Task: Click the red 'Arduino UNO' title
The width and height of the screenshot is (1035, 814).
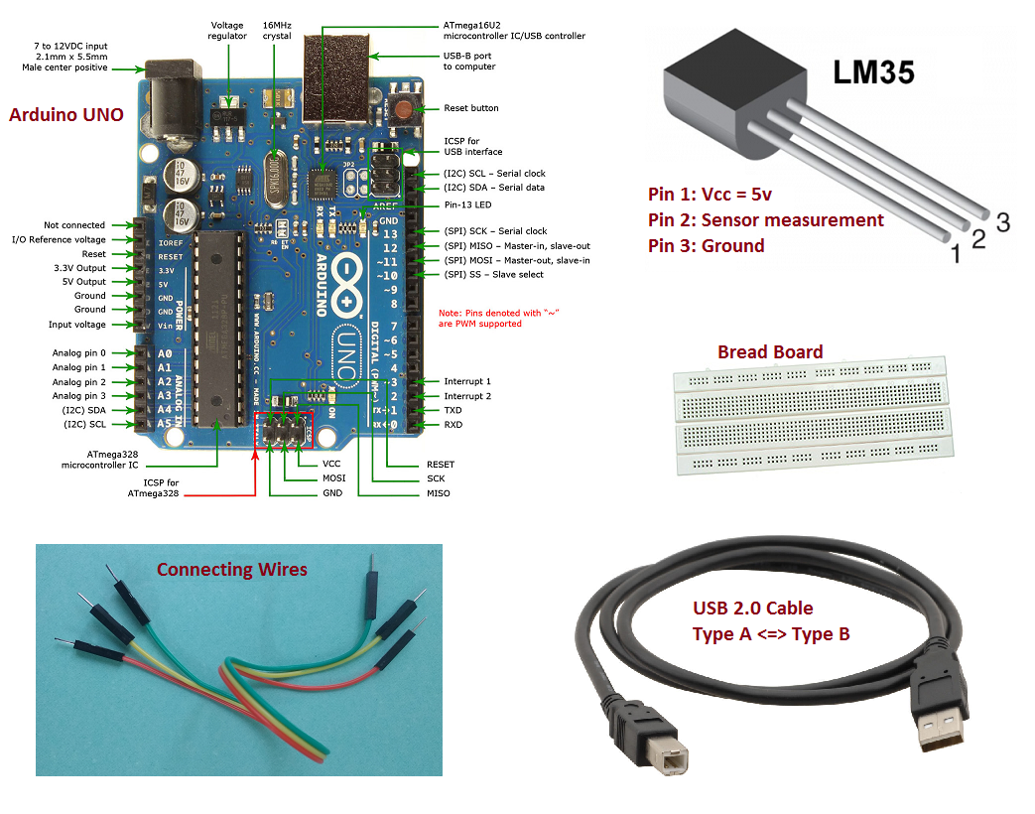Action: [66, 114]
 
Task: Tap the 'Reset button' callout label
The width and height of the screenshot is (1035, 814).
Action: [470, 108]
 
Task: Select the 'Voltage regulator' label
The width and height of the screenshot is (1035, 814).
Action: [228, 30]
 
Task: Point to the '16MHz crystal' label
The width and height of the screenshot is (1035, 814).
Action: [277, 30]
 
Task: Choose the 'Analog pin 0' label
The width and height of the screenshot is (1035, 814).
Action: [79, 353]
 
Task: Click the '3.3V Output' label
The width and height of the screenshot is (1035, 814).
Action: [79, 268]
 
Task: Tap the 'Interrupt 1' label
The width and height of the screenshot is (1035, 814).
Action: [466, 381]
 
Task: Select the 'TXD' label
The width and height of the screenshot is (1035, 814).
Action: [453, 410]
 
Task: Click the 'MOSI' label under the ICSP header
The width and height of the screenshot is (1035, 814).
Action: [334, 478]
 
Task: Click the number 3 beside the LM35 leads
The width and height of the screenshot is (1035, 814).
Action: [1002, 223]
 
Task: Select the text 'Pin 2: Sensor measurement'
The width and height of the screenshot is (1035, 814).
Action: [765, 220]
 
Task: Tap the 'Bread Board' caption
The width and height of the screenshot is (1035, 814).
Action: [769, 352]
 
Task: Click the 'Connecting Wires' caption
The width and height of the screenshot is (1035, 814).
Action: [232, 569]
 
